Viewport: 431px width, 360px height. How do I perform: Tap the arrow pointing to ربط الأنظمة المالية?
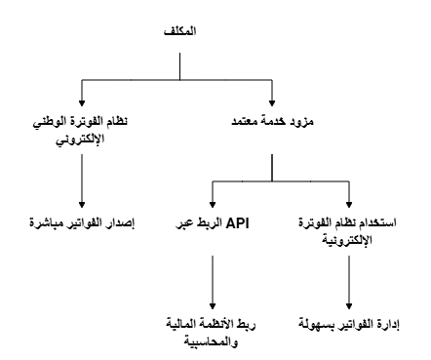click(214, 294)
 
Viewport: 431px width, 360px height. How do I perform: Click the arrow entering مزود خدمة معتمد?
click(274, 100)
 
